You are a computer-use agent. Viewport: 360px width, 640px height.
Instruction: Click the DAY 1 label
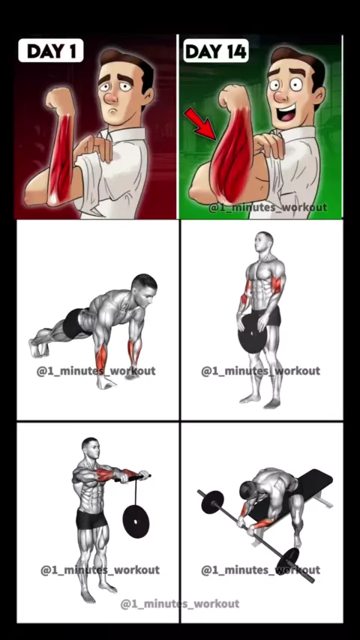click(51, 51)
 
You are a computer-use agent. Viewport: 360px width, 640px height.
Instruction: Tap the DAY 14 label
click(216, 51)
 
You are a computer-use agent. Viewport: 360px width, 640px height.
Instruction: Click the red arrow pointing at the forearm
click(201, 123)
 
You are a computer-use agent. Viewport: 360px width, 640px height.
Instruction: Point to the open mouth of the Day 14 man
click(287, 112)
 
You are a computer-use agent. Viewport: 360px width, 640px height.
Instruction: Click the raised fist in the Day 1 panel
click(61, 100)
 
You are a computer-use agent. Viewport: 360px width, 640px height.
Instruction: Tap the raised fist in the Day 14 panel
click(233, 97)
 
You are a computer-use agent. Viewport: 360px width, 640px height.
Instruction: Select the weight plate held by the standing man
click(252, 334)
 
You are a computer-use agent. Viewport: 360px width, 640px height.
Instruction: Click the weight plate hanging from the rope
click(136, 522)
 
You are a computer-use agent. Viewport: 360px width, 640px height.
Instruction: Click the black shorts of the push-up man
click(74, 324)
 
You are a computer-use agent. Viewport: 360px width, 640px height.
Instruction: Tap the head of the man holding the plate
click(263, 243)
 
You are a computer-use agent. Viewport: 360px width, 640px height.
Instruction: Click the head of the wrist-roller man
click(90, 448)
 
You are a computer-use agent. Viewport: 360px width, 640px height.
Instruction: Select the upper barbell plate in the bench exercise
click(212, 501)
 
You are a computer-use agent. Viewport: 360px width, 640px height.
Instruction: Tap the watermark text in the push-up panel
click(97, 371)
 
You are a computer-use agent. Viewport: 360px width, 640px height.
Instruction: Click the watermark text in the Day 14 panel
click(268, 208)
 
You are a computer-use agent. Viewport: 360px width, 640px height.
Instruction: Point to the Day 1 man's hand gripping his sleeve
click(95, 148)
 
